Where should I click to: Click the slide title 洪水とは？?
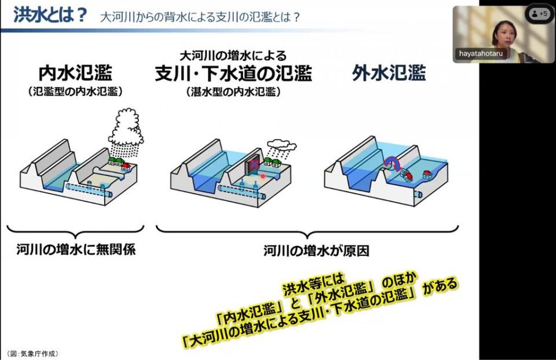coord(50,15)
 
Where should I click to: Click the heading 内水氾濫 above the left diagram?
coord(75,74)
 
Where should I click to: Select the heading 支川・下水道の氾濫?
coord(233,74)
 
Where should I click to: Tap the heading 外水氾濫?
coord(389,73)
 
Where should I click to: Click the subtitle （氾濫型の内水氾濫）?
coord(75,92)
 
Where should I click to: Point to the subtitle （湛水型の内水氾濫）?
coord(233,92)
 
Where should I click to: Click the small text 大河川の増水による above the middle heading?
coord(233,56)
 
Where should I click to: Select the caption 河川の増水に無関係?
coord(76,249)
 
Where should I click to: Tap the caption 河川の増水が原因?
coord(316,251)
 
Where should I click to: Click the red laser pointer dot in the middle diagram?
coord(263,176)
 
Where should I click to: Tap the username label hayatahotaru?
coord(481,54)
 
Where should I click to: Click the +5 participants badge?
coord(539,14)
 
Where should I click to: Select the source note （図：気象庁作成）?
coord(32,353)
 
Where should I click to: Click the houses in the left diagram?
coord(119,163)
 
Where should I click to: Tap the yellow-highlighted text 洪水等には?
coord(313,285)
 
